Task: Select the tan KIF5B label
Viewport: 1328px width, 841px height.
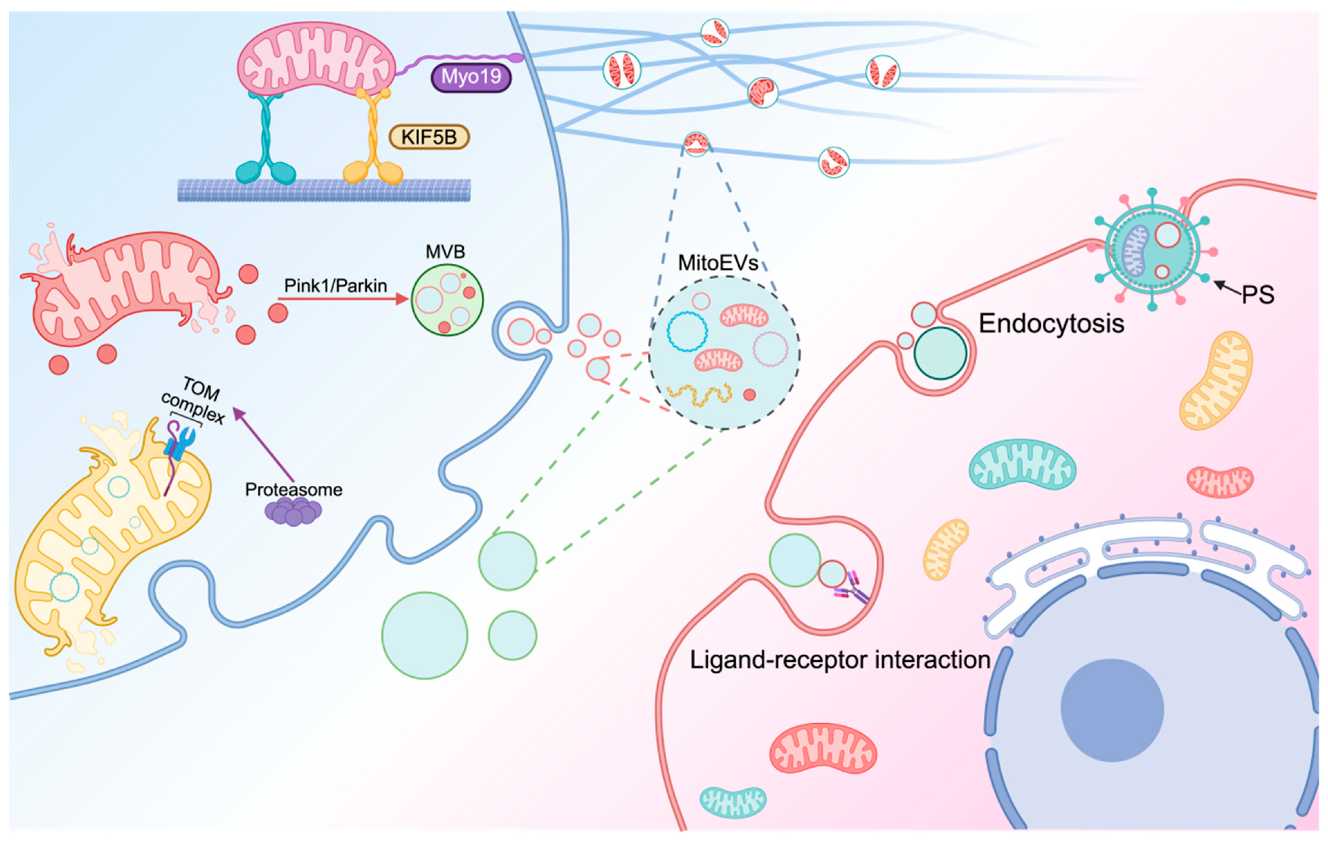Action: point(429,137)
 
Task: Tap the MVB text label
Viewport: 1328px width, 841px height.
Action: point(445,252)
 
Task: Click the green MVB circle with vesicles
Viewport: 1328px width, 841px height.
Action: point(447,300)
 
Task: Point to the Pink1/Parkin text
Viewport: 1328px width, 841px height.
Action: point(335,285)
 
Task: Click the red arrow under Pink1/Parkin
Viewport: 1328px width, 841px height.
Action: point(342,299)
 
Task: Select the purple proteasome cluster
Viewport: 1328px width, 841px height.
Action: point(293,511)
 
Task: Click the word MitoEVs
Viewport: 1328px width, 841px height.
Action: point(717,263)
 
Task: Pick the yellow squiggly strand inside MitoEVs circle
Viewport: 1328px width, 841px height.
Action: point(699,395)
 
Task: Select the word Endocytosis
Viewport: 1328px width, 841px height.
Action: point(1051,324)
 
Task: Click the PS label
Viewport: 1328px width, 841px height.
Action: point(1258,295)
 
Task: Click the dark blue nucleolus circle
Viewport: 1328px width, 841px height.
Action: point(1112,710)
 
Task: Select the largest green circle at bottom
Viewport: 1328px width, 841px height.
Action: point(425,635)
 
